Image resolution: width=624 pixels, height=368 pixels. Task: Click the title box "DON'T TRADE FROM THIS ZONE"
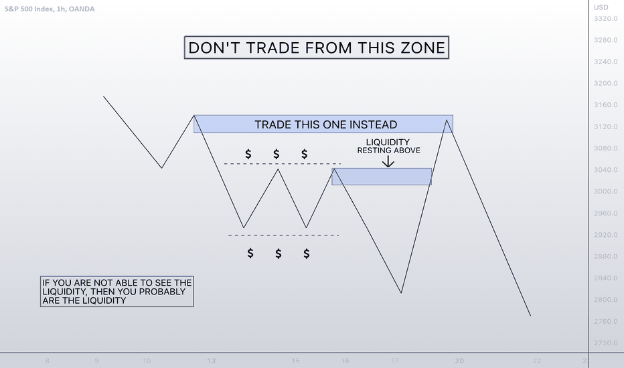[x=317, y=48]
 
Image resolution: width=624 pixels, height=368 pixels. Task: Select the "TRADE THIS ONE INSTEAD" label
[x=326, y=124]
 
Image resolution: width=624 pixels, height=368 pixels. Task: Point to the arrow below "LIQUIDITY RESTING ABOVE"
[x=388, y=161]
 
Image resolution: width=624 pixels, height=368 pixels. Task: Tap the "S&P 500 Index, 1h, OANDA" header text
[x=50, y=9]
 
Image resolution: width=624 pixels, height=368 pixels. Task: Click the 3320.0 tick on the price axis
[x=606, y=18]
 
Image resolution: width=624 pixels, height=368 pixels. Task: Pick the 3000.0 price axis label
[x=606, y=191]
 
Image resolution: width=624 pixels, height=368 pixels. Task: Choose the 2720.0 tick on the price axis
[x=606, y=343]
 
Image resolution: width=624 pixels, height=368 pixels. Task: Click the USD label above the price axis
[x=601, y=7]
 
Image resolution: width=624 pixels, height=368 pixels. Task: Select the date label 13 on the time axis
[x=212, y=361]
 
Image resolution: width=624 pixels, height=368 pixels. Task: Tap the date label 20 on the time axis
[x=459, y=361]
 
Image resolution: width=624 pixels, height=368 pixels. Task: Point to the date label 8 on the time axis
[x=48, y=361]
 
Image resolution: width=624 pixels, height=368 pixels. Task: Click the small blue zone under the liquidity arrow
[x=382, y=176]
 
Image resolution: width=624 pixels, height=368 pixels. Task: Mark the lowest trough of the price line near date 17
[x=401, y=293]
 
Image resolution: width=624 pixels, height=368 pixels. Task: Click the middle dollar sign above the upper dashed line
[x=277, y=154]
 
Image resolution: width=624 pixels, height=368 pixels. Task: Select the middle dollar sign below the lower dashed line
[x=278, y=254]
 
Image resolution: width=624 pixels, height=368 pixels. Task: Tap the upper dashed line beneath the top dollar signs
[x=283, y=163]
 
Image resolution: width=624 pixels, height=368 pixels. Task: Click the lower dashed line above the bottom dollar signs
[x=284, y=235]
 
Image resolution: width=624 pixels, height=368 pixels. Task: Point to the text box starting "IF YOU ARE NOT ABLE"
[x=117, y=292]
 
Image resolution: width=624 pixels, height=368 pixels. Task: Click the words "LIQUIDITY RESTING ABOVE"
[x=388, y=146]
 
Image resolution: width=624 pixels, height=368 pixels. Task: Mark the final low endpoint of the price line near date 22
[x=530, y=316]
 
